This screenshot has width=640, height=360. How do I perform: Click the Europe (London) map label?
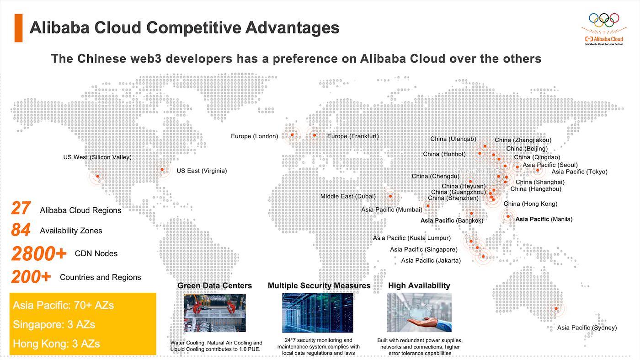254,136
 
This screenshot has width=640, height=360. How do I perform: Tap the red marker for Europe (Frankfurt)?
315,135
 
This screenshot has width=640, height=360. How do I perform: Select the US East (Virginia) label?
202,171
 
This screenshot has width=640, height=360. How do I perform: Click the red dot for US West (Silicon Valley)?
97,176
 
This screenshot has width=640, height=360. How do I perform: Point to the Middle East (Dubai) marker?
390,196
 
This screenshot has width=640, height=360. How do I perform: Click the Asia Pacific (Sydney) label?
587,328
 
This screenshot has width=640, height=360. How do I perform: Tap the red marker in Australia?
556,308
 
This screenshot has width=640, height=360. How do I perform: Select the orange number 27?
21,208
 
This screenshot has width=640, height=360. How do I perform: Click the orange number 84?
21,230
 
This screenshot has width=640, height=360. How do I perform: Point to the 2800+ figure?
39,253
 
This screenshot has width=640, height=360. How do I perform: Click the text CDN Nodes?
96,253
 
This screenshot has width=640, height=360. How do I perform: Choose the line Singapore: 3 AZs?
54,324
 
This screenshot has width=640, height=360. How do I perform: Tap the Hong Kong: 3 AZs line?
56,344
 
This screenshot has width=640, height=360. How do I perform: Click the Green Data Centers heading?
214,285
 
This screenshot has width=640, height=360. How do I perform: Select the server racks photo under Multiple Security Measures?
318,312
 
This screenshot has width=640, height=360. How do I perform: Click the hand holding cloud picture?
419,312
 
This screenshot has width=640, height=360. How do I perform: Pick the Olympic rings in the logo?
604,20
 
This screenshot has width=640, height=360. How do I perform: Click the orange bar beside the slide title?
18,28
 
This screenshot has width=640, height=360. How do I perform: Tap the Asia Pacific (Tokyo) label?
580,172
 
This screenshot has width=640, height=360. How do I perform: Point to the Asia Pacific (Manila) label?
544,219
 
